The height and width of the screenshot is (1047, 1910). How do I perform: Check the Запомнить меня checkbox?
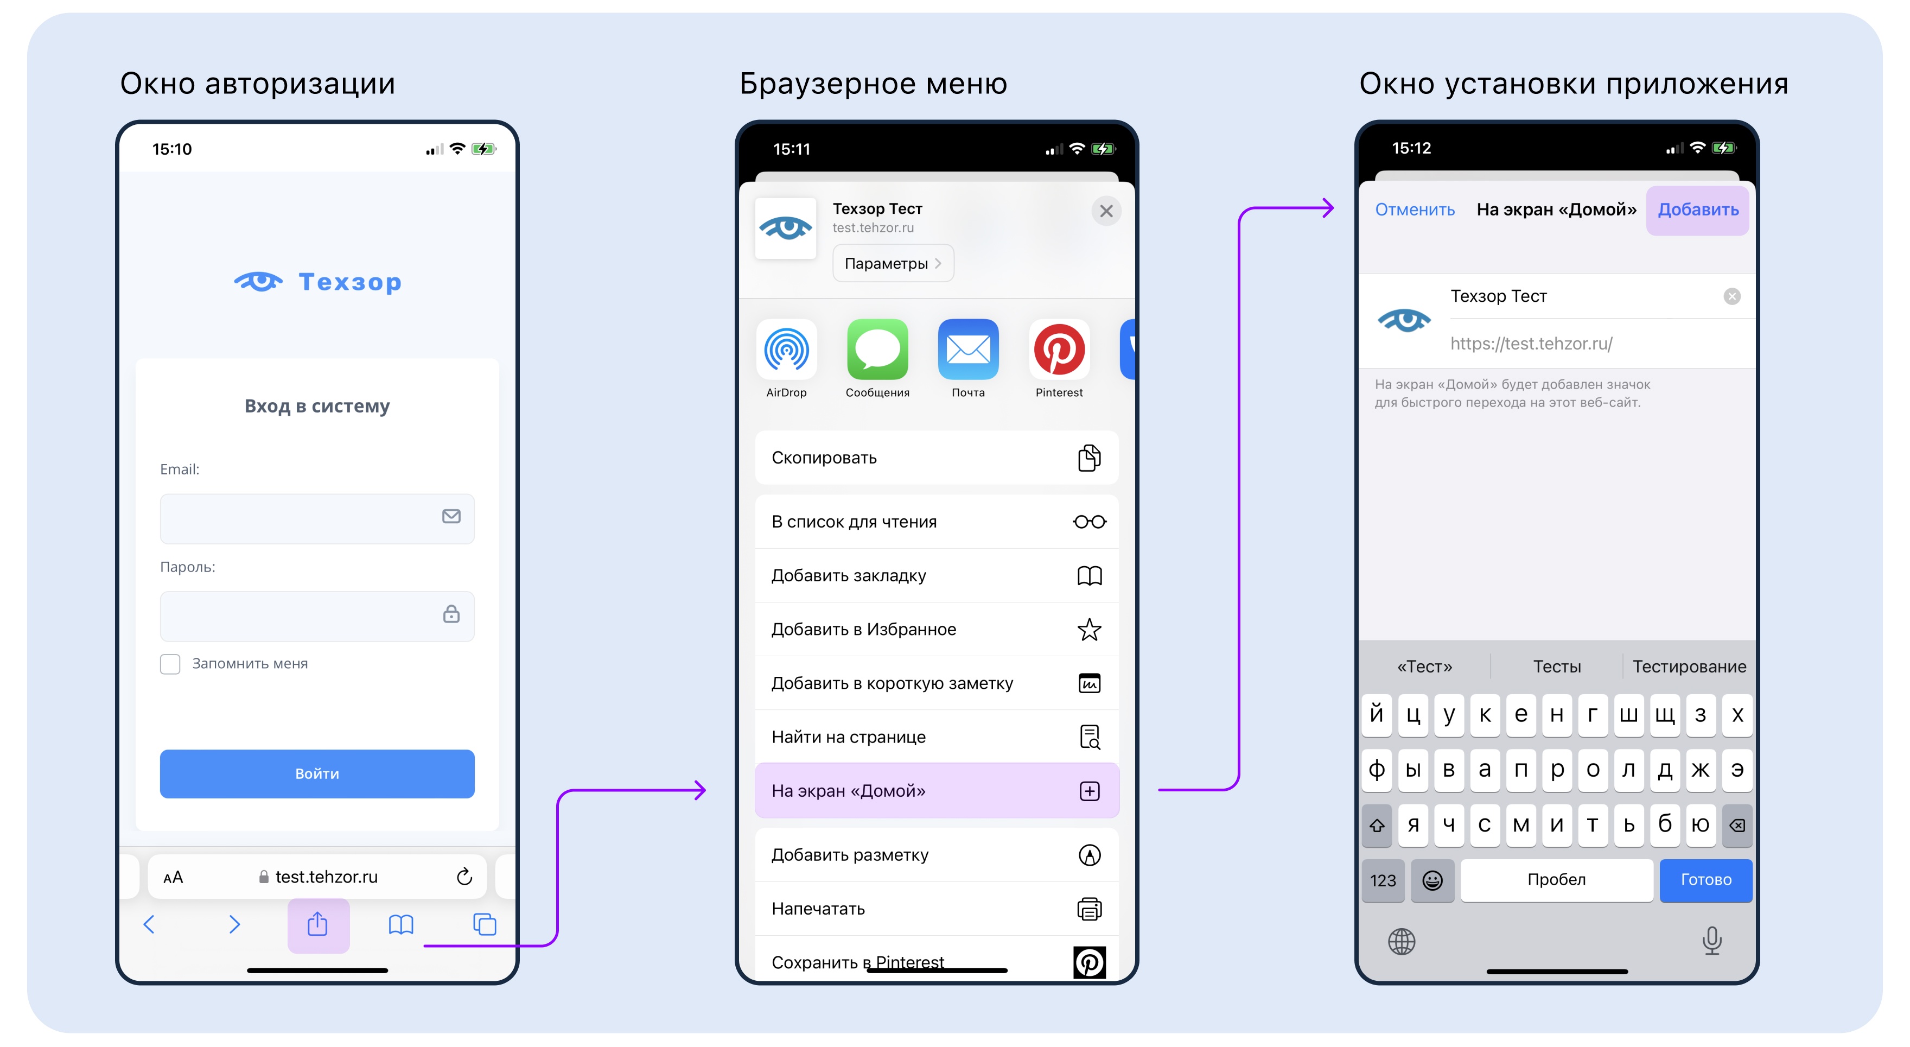170,664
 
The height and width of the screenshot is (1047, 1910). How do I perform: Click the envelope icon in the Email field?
451,516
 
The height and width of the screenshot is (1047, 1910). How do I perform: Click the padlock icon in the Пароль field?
451,613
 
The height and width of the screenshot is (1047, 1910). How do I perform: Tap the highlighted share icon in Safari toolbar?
318,925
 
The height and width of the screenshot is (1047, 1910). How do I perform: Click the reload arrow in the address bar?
464,877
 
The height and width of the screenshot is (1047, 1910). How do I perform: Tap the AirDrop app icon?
786,349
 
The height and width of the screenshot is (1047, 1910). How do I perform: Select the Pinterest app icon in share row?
1059,349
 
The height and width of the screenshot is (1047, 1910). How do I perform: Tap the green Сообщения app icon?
877,349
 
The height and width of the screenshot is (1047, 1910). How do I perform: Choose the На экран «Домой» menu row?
937,790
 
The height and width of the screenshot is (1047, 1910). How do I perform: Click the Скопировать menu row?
937,458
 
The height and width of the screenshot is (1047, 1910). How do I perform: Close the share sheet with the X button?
1106,211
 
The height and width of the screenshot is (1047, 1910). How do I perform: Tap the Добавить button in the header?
1698,210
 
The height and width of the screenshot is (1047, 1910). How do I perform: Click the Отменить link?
1415,210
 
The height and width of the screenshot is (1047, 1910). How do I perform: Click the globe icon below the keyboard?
1402,942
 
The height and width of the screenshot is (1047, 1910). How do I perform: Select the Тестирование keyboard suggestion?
1689,667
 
